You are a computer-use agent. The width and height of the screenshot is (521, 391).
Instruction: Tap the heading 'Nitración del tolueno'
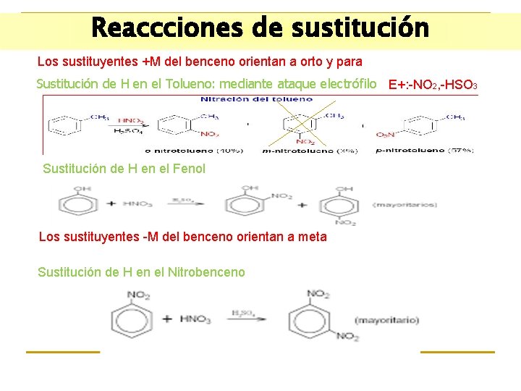256,99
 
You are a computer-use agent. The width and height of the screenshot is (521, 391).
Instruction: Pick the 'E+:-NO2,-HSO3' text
432,85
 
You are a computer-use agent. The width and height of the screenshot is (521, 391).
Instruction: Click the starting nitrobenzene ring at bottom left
131,318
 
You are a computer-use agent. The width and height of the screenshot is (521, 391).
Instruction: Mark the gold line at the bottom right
457,352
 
